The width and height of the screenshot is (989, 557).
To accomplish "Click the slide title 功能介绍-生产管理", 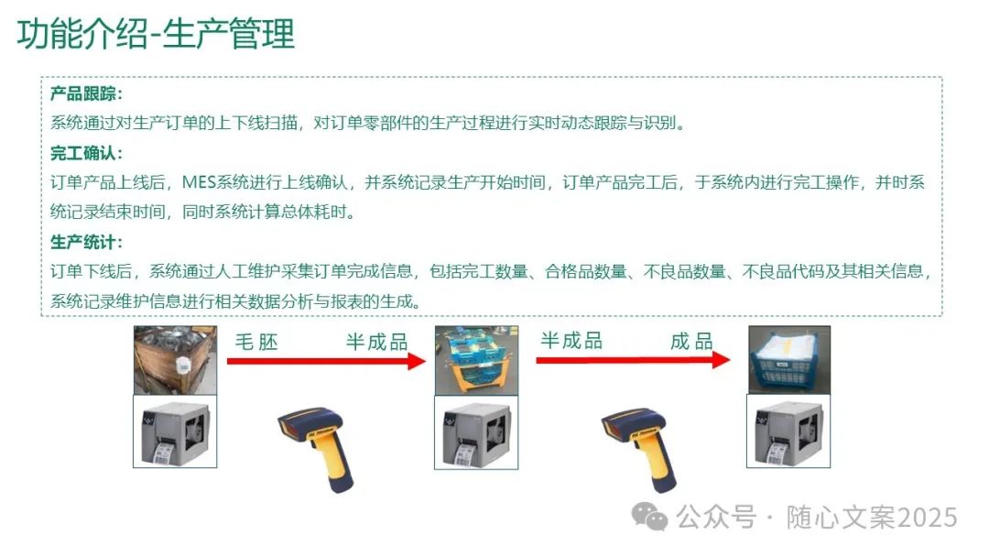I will tap(157, 34).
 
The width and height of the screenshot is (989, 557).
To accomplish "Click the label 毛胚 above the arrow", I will tap(256, 342).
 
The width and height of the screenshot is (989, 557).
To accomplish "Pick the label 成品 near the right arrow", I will tap(690, 342).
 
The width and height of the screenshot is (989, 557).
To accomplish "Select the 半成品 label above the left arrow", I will tap(375, 342).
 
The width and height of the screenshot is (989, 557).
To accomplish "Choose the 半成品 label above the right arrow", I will tap(571, 341).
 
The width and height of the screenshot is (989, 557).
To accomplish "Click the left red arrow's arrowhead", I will tap(416, 361).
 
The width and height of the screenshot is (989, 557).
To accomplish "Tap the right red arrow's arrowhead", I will tap(721, 360).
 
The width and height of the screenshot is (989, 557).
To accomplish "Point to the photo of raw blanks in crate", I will tap(175, 359).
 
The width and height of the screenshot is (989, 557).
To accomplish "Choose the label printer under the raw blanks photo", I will tap(175, 431).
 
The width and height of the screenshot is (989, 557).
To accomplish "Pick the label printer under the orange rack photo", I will tap(476, 432).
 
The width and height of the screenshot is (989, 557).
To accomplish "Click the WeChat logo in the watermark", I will tap(656, 518).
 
